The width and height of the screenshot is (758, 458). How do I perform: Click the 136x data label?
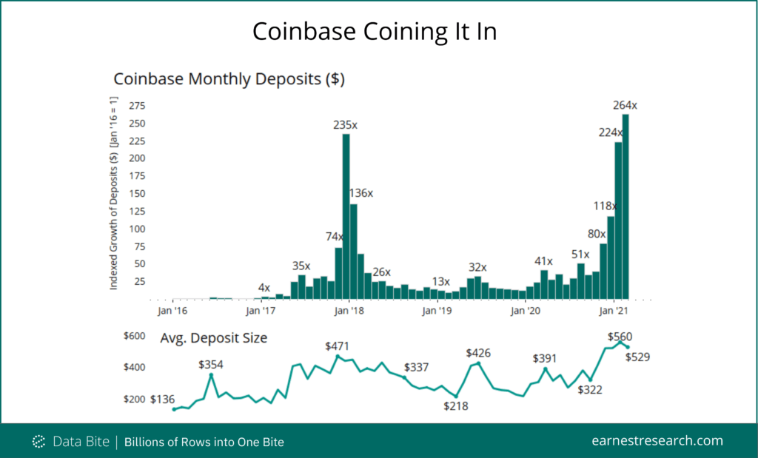(x=360, y=193)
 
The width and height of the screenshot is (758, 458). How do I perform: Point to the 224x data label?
(x=611, y=132)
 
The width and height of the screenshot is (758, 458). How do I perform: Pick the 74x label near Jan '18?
(x=335, y=237)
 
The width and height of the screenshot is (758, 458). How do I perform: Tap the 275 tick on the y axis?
(x=137, y=106)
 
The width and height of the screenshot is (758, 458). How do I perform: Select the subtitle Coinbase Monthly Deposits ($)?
(x=229, y=78)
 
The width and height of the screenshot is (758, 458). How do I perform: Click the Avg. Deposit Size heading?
(x=213, y=338)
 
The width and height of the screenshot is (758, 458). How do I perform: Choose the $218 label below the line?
(x=456, y=406)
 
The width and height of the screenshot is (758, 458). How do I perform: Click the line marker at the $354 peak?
(x=211, y=375)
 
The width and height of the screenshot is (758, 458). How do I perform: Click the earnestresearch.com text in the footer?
(x=657, y=440)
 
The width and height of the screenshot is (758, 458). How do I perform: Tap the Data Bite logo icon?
(x=39, y=442)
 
